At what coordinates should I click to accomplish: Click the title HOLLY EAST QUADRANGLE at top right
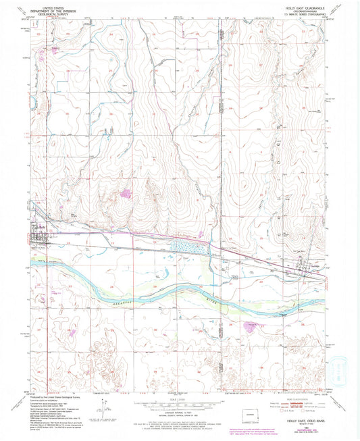(x=297, y=8)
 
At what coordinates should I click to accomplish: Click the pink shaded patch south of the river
(x=249, y=326)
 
